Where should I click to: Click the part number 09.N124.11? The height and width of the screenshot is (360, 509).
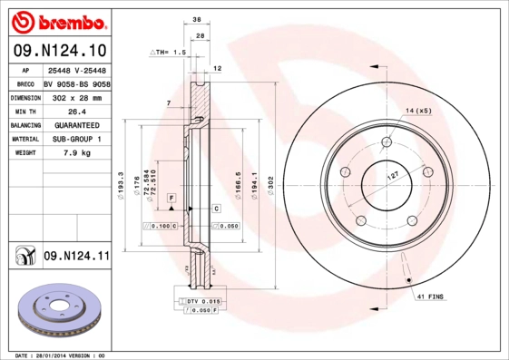[x=76, y=258]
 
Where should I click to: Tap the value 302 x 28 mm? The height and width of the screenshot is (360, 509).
[x=77, y=96]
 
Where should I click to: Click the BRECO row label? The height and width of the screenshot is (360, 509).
[x=26, y=83]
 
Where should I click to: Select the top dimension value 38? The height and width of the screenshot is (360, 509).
[x=197, y=18]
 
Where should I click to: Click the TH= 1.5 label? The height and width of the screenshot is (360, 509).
[x=169, y=54]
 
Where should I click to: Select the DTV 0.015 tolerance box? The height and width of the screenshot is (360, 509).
[x=201, y=299]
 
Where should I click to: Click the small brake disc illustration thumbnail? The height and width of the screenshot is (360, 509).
[x=56, y=310]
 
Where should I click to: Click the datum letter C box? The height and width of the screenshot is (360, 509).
[x=216, y=209]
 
